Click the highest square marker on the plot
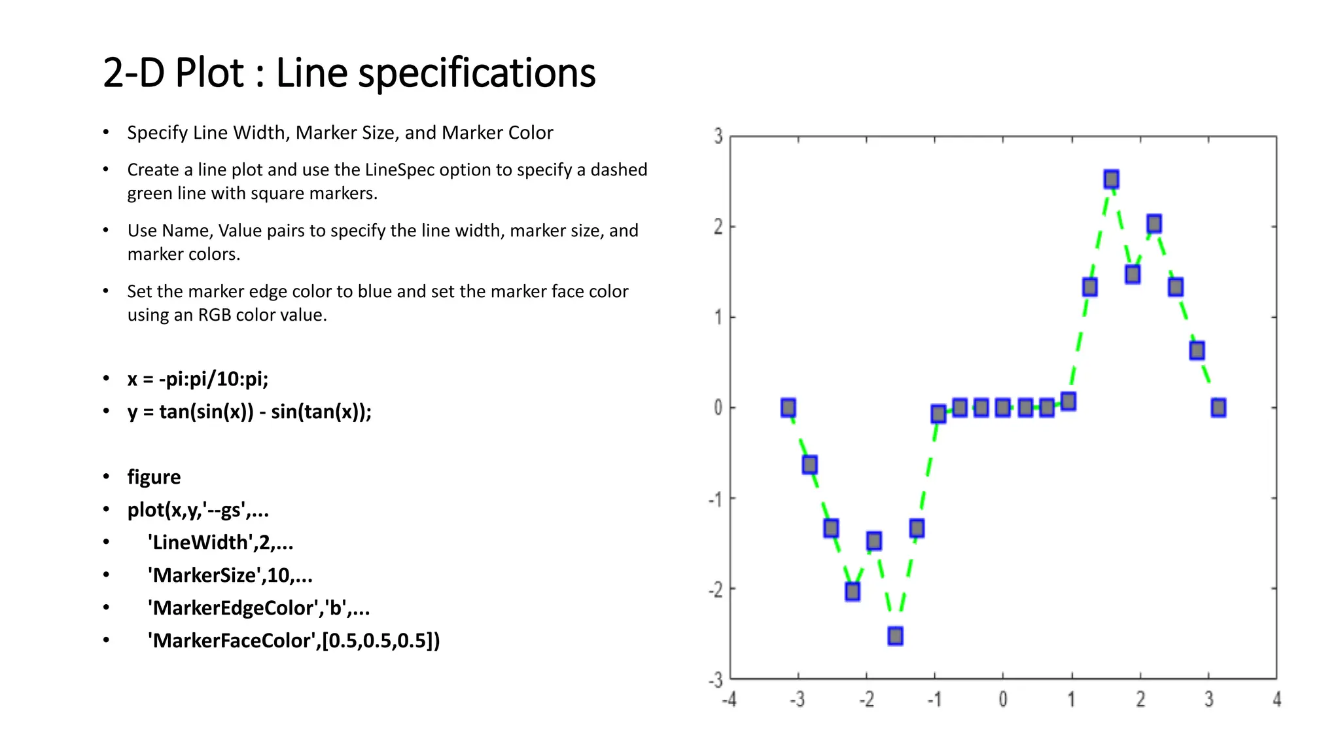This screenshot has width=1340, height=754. point(1111,179)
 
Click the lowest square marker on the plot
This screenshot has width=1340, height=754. point(895,636)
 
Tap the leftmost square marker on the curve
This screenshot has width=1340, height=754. point(788,408)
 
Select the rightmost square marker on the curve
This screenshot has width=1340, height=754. point(1218,408)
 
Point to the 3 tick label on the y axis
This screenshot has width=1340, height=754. point(718,136)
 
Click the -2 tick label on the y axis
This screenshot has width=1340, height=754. point(716,590)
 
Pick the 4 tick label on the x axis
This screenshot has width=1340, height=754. point(1277,700)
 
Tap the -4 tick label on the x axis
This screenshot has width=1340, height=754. point(729,700)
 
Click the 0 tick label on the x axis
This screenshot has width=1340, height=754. point(1002,700)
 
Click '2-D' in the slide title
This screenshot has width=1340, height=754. point(133,73)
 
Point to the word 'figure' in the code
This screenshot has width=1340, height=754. point(154,477)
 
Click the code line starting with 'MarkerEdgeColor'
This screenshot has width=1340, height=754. point(258,608)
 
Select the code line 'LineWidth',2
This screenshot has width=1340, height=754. point(220,543)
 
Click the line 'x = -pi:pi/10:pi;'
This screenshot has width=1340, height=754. point(198,379)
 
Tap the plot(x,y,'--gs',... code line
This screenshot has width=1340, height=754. point(198,510)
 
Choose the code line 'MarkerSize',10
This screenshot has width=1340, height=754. point(230,575)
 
